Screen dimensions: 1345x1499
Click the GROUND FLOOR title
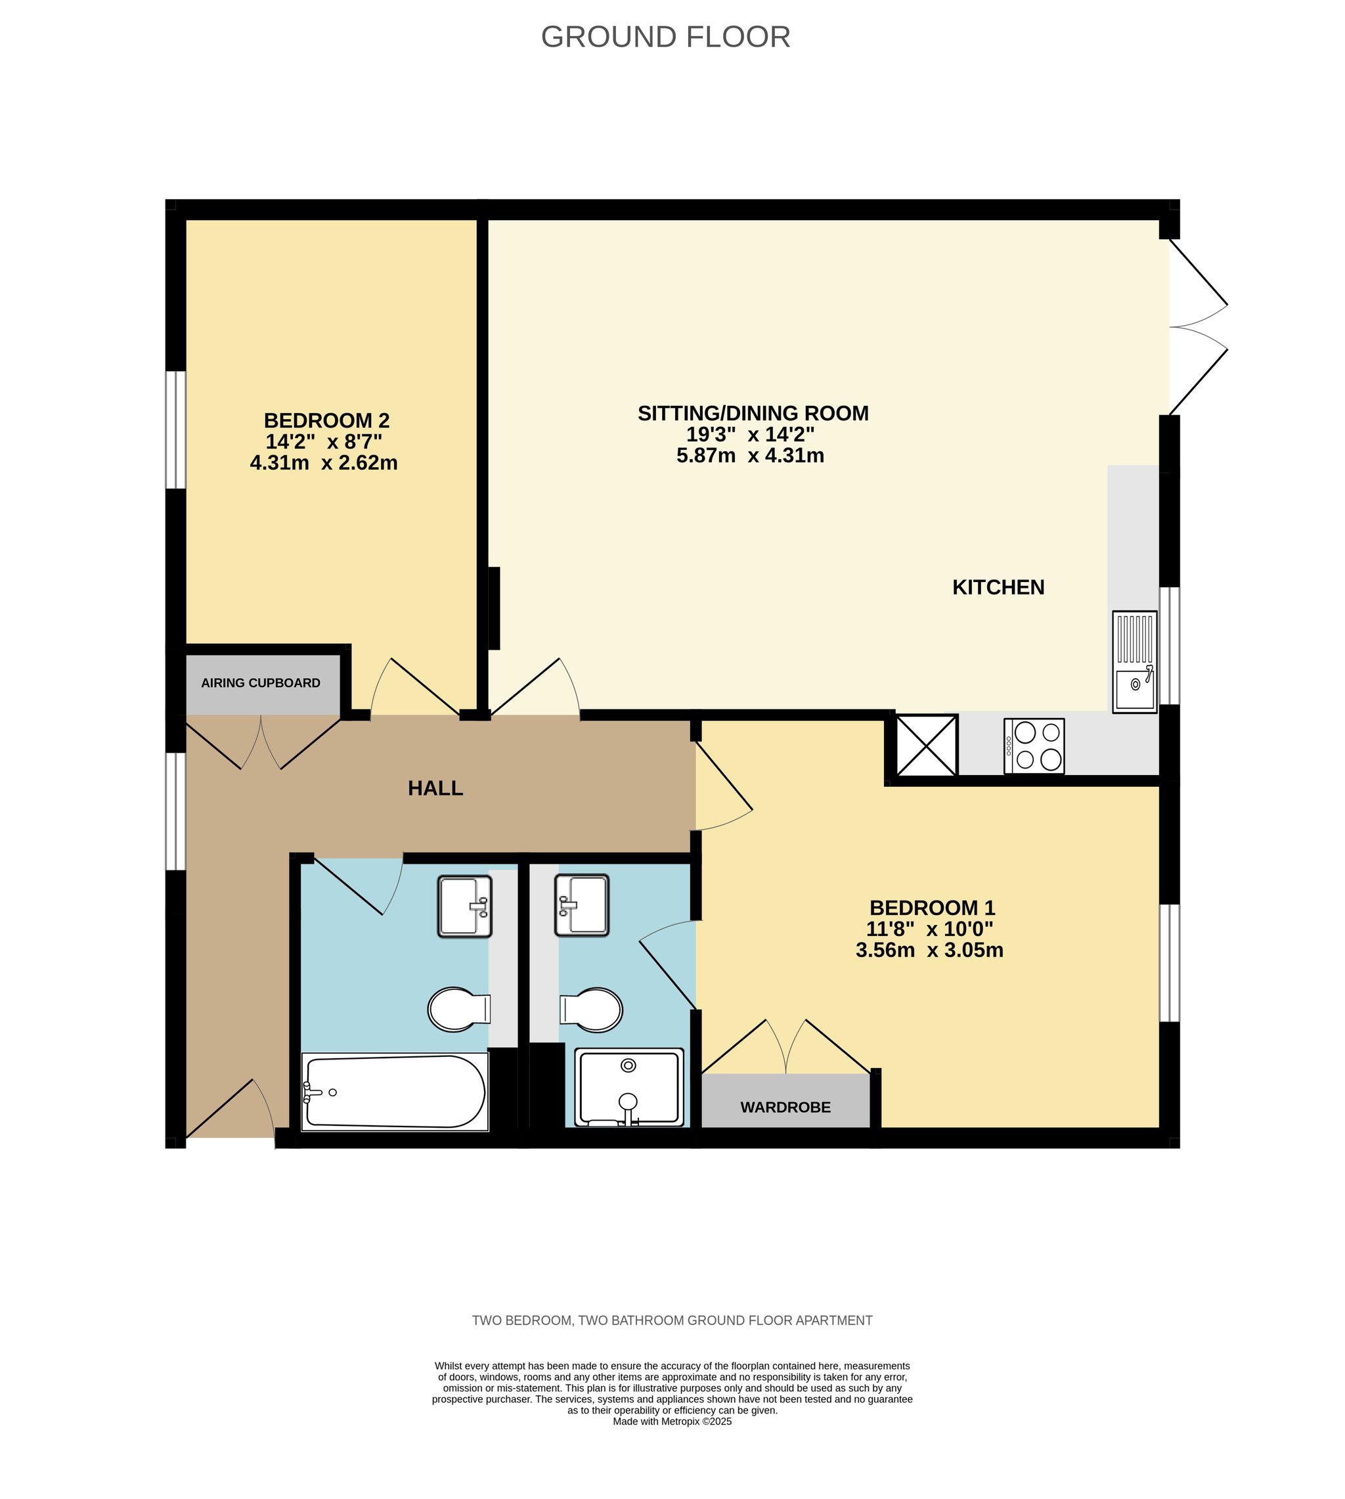(x=665, y=37)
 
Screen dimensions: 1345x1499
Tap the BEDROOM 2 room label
(x=326, y=420)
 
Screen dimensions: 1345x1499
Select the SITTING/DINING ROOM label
(x=753, y=413)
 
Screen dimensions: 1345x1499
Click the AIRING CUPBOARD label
(x=261, y=683)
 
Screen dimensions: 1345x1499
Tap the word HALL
(x=435, y=788)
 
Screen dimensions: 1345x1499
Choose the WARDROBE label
(x=785, y=1107)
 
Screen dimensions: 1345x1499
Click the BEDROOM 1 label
(x=933, y=908)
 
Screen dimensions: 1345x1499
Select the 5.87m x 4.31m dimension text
(x=750, y=455)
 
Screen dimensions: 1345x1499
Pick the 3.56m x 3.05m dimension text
(x=930, y=950)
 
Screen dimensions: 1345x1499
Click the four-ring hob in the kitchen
(x=1034, y=746)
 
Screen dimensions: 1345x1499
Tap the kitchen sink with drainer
(x=1134, y=661)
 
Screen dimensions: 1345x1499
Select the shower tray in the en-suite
(x=629, y=1087)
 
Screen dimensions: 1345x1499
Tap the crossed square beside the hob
(x=926, y=745)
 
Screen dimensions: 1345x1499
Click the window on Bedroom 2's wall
(x=176, y=430)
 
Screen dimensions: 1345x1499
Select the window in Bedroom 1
(x=1169, y=962)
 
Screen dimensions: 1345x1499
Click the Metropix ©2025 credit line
(x=672, y=1421)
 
